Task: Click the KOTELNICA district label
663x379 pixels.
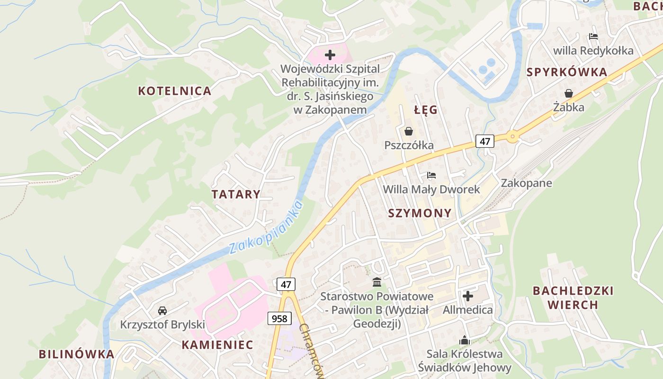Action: [174, 91]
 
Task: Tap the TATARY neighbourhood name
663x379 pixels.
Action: [236, 194]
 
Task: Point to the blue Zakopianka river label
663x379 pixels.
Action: [266, 228]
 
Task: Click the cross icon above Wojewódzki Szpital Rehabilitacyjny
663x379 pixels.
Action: [330, 55]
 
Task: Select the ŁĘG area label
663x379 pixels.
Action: [426, 110]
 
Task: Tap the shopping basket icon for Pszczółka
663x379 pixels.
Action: [409, 131]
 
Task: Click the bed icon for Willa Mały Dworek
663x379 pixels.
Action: [431, 176]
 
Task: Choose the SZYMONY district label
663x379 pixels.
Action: [420, 213]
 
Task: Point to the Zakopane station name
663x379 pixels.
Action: [526, 183]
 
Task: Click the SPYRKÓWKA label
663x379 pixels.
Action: [566, 72]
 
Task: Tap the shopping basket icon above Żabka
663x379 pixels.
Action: [568, 93]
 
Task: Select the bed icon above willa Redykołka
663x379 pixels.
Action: [593, 36]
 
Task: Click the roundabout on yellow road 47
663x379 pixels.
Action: [512, 137]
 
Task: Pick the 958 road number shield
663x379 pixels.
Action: [279, 318]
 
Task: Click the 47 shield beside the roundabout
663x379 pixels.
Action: [484, 141]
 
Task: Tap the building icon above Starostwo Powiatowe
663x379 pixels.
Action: [377, 282]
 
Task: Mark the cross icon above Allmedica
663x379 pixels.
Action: [467, 296]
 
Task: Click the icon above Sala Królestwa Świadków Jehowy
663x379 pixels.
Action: [464, 340]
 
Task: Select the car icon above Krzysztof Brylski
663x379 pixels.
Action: [162, 311]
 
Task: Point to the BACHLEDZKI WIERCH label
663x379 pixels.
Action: [573, 298]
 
